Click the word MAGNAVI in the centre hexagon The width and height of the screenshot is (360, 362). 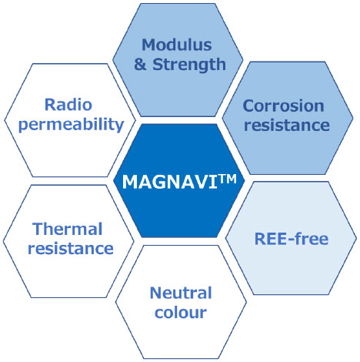pos(170,182)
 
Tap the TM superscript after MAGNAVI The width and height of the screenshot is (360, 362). pos(228,179)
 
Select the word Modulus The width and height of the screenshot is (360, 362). pos(177,45)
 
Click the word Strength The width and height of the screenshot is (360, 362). pos(189,65)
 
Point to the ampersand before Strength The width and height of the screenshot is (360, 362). pos(140,65)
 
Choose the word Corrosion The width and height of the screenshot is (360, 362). pos(284,106)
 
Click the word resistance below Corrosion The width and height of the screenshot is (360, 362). pos(287,125)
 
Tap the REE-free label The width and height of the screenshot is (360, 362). pos(292,239)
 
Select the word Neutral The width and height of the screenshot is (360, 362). pos(181,293)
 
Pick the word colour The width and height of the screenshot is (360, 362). pos(181,313)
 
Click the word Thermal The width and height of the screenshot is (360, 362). pos(68,229)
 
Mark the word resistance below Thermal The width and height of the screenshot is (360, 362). pos(71,248)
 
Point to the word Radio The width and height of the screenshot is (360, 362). pos(68,105)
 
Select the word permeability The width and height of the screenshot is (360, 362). pos(72,126)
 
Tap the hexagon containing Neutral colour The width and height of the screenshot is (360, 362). pos(181,302)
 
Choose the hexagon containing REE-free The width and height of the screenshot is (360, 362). pos(291,238)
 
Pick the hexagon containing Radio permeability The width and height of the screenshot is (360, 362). pos(70,120)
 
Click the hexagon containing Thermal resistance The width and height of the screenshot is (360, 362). pos(68,241)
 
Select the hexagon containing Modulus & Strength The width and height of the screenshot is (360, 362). pos(178,60)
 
